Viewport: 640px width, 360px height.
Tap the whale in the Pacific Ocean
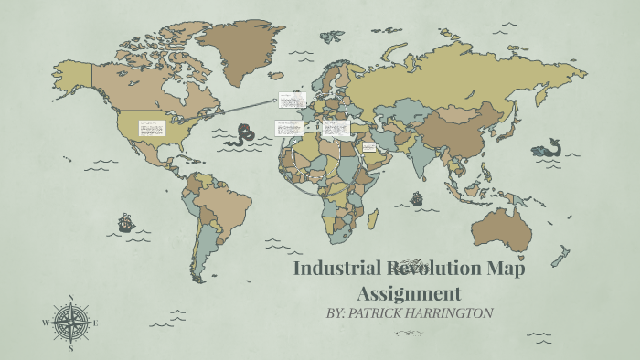point(547,149)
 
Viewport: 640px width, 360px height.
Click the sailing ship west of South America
point(125,222)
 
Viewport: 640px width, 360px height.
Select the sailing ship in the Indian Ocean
point(417,197)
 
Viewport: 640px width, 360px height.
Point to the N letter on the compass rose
point(71,298)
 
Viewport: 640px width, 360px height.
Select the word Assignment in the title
point(408,293)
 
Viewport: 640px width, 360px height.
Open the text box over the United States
point(152,128)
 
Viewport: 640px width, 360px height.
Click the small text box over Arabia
point(369,146)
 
